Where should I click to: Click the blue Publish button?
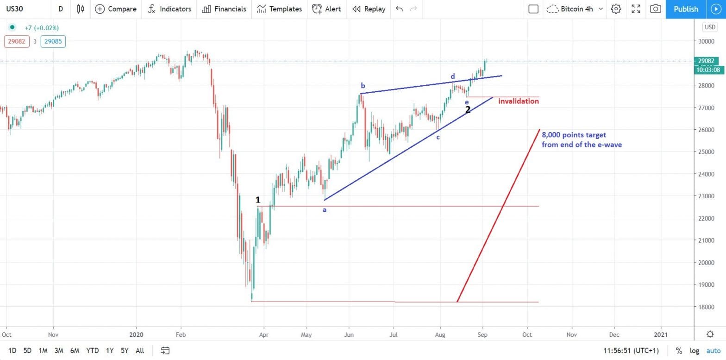point(685,9)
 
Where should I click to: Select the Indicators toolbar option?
point(169,9)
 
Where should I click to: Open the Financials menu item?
point(225,9)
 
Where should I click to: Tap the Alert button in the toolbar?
point(326,9)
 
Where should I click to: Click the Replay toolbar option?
point(369,9)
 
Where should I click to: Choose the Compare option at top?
point(116,9)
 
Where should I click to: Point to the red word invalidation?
point(518,101)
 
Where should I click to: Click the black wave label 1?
point(258,200)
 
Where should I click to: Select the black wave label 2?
point(468,110)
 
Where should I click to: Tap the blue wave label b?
point(363,86)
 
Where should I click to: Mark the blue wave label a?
point(325,210)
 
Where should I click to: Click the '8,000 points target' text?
point(574,135)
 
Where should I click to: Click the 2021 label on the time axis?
point(661,334)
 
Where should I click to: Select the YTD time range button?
point(93,351)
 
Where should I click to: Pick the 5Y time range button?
point(125,351)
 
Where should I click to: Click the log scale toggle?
point(695,351)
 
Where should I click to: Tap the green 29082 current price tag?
point(706,61)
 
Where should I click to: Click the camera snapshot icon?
point(655,9)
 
